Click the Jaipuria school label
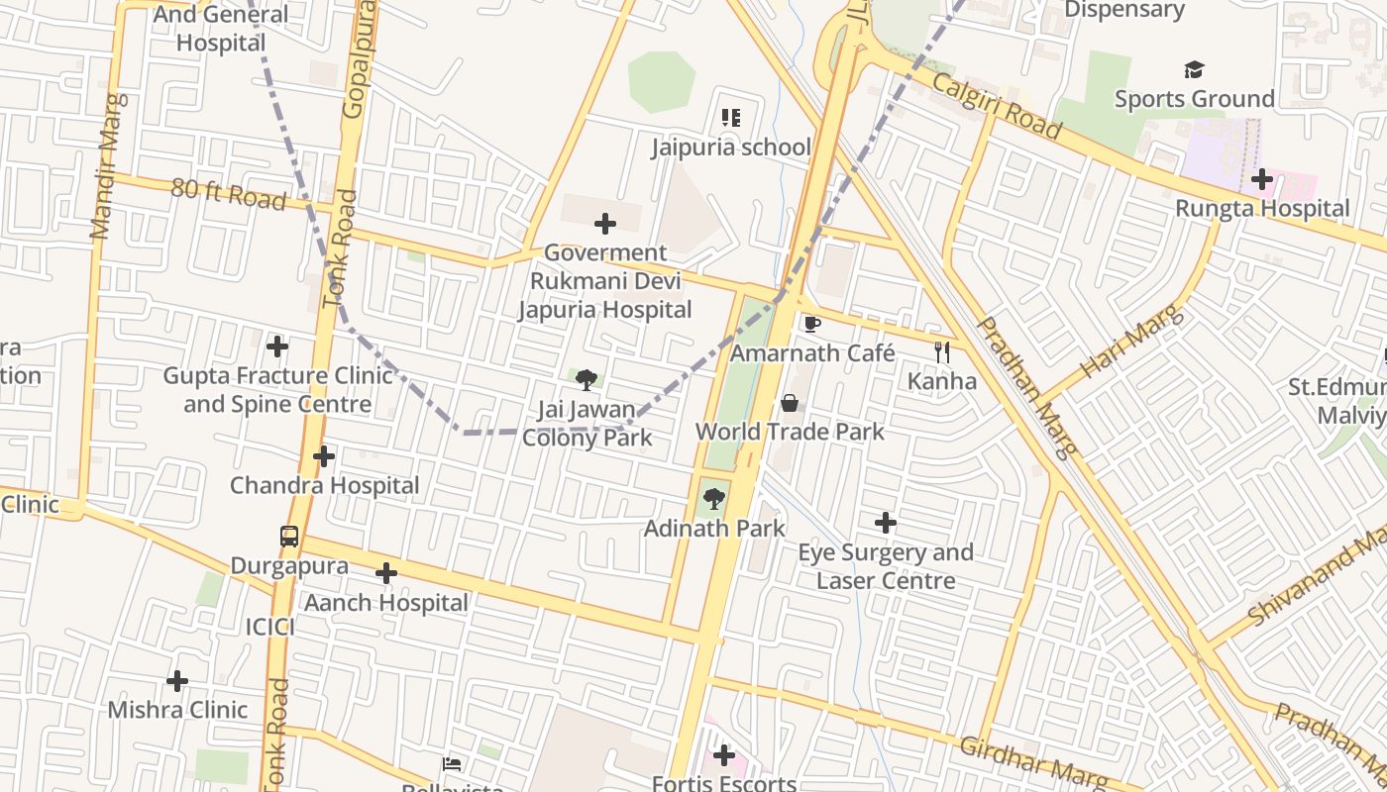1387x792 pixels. pos(731,148)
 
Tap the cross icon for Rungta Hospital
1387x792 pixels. pos(1261,179)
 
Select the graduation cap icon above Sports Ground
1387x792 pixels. pos(1194,70)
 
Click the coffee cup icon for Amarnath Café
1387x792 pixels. pos(812,324)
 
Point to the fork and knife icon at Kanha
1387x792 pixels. pos(942,351)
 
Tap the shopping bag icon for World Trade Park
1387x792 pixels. pos(790,403)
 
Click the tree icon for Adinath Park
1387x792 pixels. pos(713,499)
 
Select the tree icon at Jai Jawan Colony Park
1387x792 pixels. pos(587,379)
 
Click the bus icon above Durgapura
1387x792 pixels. pos(289,537)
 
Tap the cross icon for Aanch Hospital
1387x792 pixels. pos(386,573)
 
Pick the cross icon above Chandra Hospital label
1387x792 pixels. pos(324,456)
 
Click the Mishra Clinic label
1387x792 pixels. pos(177,710)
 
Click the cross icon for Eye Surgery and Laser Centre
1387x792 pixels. pos(886,523)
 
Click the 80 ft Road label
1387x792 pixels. pos(228,194)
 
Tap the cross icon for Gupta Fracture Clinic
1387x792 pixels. pos(277,346)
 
